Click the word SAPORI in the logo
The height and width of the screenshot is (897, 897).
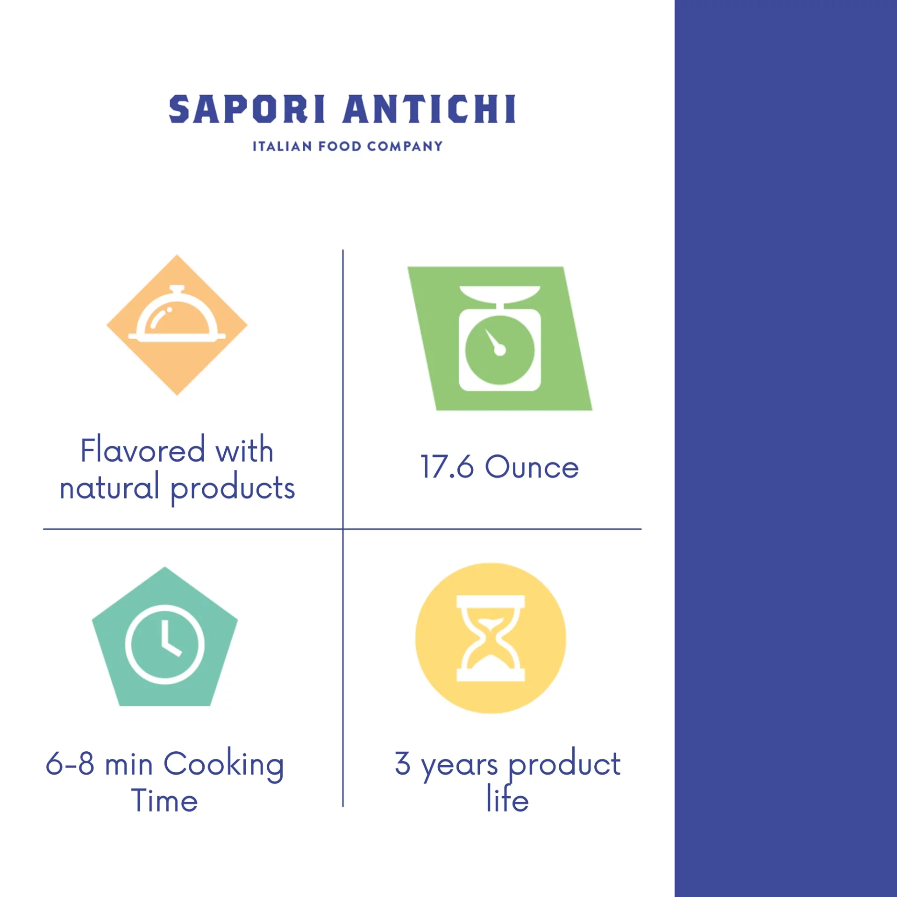[x=247, y=109]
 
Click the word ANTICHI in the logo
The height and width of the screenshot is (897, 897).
[x=429, y=109]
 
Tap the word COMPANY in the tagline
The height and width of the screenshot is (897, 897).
[x=405, y=146]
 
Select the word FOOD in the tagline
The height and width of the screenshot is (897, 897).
[x=340, y=146]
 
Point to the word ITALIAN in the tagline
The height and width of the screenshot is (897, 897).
[x=282, y=146]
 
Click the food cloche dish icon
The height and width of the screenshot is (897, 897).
[x=177, y=313]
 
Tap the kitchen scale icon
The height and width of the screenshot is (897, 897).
[x=500, y=338]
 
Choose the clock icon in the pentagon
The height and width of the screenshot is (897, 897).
[x=164, y=644]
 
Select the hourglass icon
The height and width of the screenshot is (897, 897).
[x=491, y=638]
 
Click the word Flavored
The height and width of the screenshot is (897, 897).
[x=142, y=450]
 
